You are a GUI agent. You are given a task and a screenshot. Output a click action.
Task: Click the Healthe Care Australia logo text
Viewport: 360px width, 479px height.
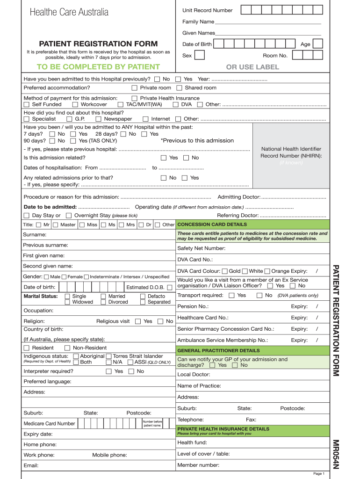click(x=69, y=12)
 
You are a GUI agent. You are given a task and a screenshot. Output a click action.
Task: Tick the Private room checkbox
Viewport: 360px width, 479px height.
click(x=135, y=88)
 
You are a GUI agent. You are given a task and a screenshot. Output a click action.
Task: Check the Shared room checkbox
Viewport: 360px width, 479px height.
click(x=179, y=88)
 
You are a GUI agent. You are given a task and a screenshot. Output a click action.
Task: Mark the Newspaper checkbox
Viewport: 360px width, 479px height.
click(x=98, y=119)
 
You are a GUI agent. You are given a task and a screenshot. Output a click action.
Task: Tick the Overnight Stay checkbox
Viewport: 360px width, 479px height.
click(x=69, y=216)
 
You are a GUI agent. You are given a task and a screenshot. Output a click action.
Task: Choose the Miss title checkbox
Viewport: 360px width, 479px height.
click(x=82, y=225)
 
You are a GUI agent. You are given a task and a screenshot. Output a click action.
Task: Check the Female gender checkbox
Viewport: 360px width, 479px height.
click(x=64, y=277)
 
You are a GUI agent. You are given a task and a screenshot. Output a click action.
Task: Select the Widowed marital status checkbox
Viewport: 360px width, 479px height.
click(x=68, y=302)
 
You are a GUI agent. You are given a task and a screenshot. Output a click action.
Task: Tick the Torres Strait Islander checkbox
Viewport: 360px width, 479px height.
click(x=109, y=356)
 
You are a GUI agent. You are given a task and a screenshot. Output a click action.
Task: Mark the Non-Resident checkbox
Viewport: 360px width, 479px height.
click(x=67, y=348)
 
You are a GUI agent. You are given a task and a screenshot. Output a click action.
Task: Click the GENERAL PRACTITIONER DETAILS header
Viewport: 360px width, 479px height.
click(x=218, y=350)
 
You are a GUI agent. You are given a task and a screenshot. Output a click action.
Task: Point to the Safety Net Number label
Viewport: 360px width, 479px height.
click(x=202, y=248)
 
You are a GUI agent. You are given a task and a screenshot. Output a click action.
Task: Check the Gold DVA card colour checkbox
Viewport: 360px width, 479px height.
click(x=225, y=271)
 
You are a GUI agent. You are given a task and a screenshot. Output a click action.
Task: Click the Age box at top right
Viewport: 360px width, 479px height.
click(x=318, y=44)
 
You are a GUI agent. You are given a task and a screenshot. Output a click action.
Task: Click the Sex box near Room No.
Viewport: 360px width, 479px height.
click(x=199, y=55)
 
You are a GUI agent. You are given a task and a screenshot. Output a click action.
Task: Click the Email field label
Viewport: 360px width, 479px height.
click(x=31, y=465)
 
